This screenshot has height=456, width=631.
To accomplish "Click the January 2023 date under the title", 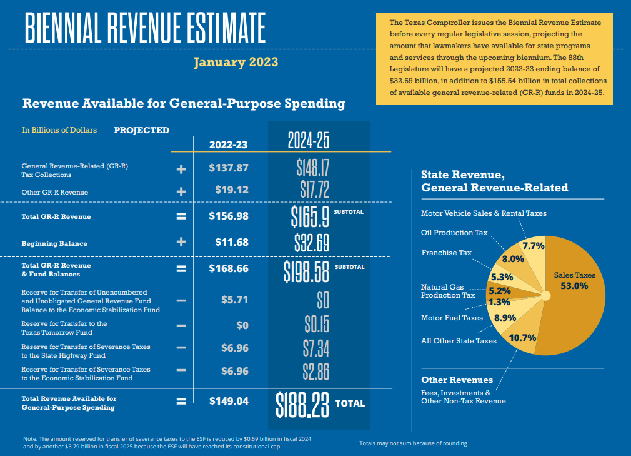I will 236,63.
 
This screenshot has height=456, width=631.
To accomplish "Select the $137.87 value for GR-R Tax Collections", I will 229,168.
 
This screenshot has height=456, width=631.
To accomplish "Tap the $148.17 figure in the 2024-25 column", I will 312,168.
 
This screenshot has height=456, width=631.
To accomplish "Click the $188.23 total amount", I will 302,404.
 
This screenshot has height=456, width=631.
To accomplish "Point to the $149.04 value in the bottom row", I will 229,401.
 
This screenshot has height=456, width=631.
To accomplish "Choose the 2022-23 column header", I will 229,144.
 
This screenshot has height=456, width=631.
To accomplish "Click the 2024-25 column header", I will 308,141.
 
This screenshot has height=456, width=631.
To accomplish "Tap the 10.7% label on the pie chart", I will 523,338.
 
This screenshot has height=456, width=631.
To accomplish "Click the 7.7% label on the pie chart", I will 533,246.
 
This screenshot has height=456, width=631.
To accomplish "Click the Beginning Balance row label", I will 54,243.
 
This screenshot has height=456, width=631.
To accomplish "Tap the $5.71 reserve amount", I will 234,300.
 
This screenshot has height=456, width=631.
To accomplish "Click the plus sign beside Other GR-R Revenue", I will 181,192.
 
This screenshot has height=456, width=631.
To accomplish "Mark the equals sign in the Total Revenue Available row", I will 181,402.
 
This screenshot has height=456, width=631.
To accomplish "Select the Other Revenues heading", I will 457,380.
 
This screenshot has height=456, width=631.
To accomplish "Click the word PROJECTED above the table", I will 141,130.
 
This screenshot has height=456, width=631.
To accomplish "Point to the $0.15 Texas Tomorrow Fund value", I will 316,324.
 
